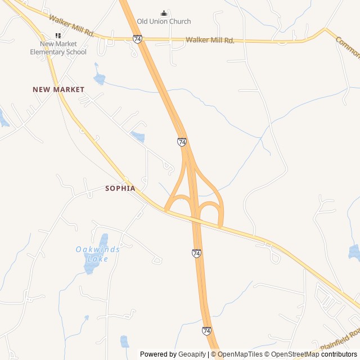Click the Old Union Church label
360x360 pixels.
[x=164, y=21]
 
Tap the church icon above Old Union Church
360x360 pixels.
[x=164, y=13]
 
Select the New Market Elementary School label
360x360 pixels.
[x=58, y=48]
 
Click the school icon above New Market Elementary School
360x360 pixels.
[x=58, y=35]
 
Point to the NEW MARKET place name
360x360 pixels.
[x=58, y=89]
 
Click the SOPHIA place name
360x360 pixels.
[x=120, y=188]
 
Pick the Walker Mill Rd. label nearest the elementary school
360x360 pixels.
[x=71, y=26]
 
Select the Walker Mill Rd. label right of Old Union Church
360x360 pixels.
[x=210, y=40]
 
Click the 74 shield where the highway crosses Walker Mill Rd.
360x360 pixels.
[x=138, y=39]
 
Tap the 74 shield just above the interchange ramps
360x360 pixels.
[x=182, y=142]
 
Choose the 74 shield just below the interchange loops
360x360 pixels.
[x=196, y=253]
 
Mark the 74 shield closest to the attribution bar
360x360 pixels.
[x=206, y=331]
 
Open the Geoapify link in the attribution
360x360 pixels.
[x=192, y=354]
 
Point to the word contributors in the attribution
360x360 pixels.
[x=339, y=354]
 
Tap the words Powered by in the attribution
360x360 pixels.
[x=158, y=354]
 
